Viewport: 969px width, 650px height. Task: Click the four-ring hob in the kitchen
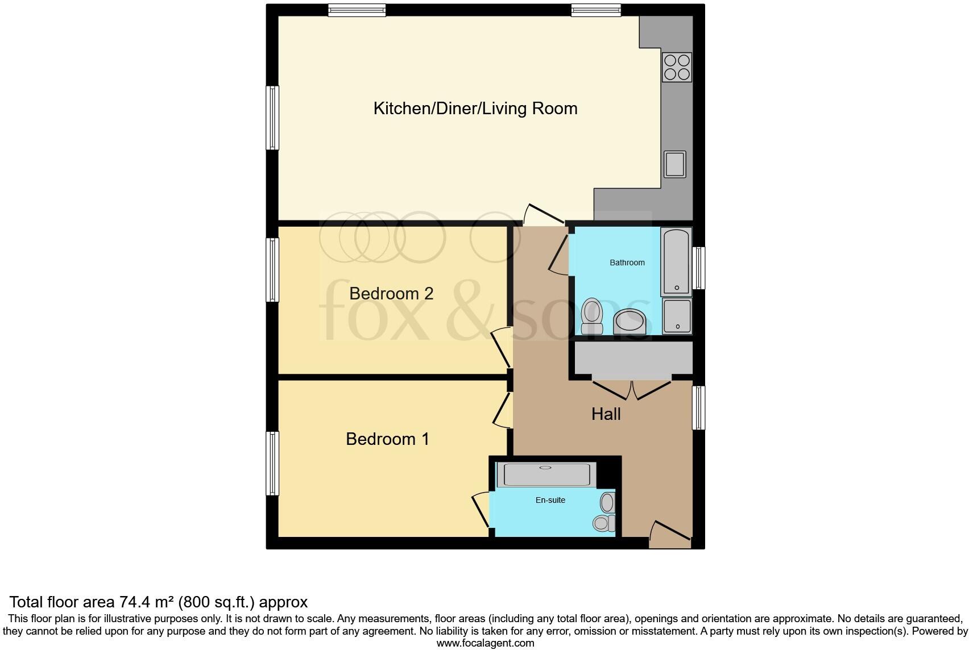click(x=677, y=67)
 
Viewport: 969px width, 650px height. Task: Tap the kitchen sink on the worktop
click(x=675, y=164)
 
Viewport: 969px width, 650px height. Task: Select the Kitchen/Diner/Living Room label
click(x=475, y=109)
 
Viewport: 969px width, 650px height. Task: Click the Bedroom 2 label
click(x=391, y=294)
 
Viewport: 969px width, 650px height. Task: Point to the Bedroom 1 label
click(x=387, y=439)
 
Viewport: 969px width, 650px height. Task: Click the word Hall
click(x=606, y=414)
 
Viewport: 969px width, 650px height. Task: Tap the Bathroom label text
click(x=627, y=262)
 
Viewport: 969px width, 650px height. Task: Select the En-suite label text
click(x=550, y=501)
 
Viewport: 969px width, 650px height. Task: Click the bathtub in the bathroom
click(x=676, y=262)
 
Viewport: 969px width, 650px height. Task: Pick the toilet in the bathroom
click(x=591, y=316)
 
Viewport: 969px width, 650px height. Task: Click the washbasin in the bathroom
click(x=629, y=322)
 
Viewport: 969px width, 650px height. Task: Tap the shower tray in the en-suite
click(x=546, y=474)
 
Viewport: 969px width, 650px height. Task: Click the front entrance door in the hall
click(x=670, y=534)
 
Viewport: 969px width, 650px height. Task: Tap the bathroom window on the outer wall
click(x=699, y=268)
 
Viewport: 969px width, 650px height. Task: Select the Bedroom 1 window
click(x=273, y=463)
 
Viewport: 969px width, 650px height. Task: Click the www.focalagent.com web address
click(x=485, y=643)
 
